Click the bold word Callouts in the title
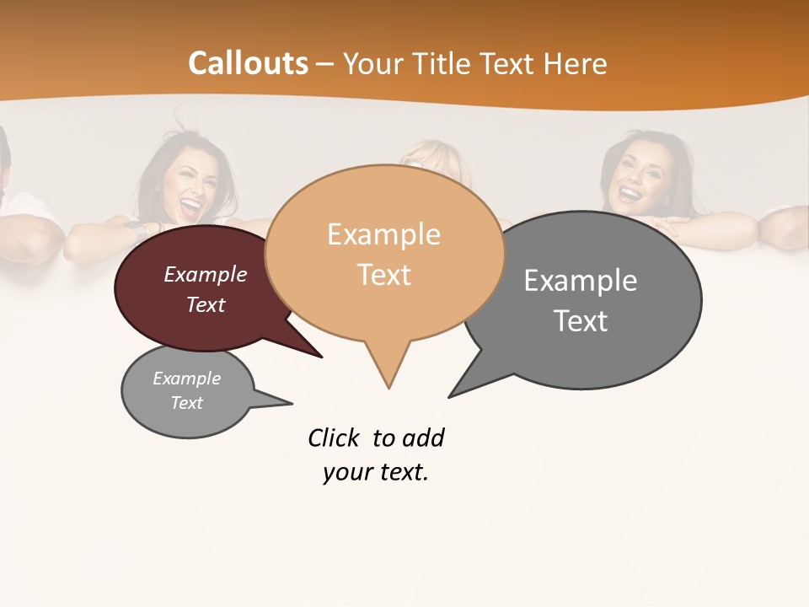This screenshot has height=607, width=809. coord(248,63)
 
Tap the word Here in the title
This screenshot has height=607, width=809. coord(573,64)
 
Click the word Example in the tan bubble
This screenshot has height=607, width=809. coord(383,234)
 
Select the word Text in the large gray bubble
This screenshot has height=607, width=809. coord(581,321)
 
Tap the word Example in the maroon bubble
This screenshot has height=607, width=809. coord(206,275)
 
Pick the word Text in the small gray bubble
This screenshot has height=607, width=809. coord(187,403)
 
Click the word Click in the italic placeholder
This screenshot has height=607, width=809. coord(335,438)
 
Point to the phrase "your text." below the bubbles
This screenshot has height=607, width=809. coord(376,472)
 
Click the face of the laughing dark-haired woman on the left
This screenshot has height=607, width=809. coord(185,191)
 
